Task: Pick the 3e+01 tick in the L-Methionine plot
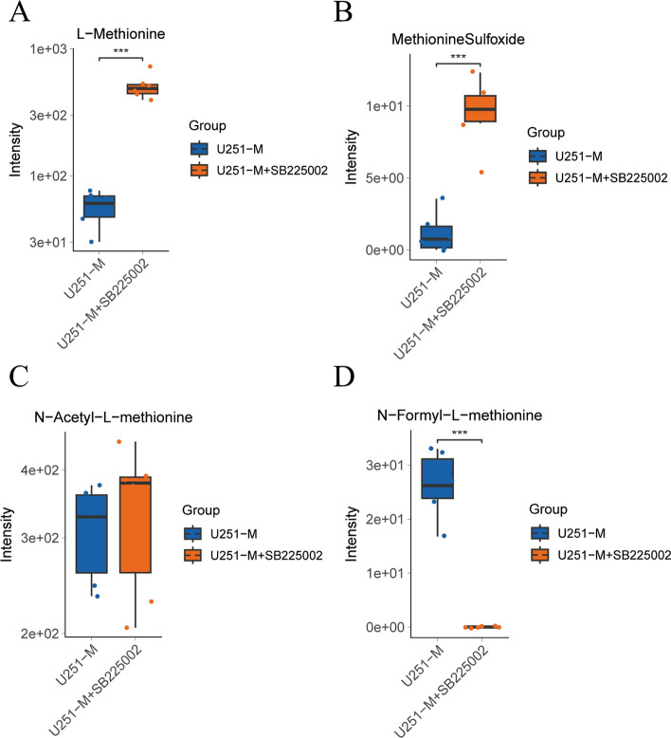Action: tap(42, 242)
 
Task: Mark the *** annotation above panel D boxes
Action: tap(460, 434)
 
